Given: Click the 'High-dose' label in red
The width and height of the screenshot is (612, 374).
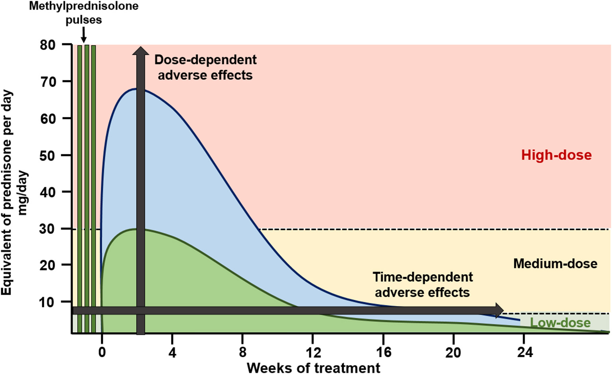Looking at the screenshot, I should click(x=556, y=155).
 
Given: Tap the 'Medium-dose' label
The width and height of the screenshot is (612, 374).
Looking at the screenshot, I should click(x=555, y=263).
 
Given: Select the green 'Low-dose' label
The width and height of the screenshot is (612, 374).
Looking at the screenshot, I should click(x=560, y=323).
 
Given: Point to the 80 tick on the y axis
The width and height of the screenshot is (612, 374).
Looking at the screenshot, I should click(x=47, y=45).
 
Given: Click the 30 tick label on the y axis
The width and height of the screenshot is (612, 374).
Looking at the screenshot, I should click(x=47, y=229).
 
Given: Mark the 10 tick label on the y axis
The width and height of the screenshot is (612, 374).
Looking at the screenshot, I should click(x=47, y=302).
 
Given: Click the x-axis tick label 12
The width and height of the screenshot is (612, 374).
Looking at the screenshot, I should click(x=313, y=352).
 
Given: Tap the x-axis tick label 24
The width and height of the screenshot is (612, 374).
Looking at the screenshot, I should click(x=524, y=352).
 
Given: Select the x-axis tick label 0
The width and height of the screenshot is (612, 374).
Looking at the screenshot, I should click(x=102, y=352).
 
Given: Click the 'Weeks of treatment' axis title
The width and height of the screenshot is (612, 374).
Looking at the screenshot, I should click(x=313, y=367).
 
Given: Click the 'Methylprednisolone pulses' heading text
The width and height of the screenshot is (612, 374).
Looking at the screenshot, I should click(x=84, y=13).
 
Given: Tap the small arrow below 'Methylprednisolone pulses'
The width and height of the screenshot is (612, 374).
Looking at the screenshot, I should click(x=84, y=38).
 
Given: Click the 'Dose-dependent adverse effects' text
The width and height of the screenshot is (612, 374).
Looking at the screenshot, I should click(x=205, y=67).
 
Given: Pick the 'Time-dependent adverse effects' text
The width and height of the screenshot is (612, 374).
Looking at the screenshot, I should click(x=423, y=285).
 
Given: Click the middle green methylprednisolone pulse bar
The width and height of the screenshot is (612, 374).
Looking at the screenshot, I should click(x=87, y=188).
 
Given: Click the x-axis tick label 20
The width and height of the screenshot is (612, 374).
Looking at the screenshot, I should click(x=453, y=352).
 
